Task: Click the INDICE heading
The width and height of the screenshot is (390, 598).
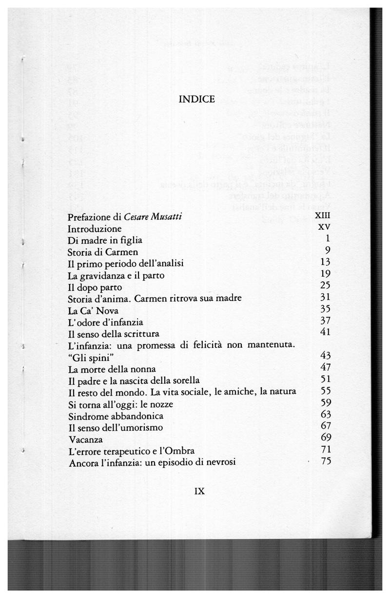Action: tap(197, 100)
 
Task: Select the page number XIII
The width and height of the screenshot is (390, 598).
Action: tap(323, 217)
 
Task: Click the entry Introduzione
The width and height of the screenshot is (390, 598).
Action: tap(95, 229)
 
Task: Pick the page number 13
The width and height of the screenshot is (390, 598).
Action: tap(326, 263)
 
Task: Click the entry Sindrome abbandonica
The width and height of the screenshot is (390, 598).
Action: tap(115, 416)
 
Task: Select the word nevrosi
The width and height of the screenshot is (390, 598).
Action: tap(221, 462)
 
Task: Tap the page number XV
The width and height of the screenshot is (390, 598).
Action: tap(325, 228)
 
